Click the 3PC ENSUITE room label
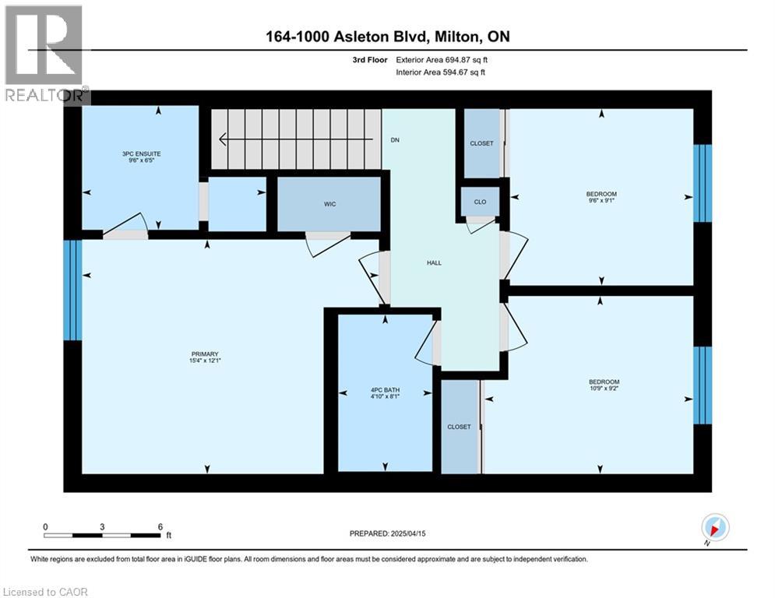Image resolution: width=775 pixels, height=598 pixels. coord(141,153)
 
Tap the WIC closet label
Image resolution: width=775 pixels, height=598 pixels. coord(329,204)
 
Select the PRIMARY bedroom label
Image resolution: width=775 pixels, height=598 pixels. coord(205,354)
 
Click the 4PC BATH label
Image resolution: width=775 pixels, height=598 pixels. coord(385,390)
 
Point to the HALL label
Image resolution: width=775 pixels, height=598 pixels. coord(434,263)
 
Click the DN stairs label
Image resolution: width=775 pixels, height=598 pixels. coord(395,140)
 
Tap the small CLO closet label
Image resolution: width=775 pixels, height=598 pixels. coord(480,202)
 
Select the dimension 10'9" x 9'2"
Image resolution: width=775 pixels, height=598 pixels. coord(604,389)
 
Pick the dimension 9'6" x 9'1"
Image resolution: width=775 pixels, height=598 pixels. coord(601,201)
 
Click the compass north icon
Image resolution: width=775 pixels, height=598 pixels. coord(715,527)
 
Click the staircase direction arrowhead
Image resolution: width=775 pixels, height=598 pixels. coord(223,139)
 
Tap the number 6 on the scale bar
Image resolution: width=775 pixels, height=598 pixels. coord(160,527)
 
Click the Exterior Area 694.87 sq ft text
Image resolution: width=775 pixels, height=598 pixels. coord(442,60)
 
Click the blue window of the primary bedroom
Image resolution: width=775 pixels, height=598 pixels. coord(72,290)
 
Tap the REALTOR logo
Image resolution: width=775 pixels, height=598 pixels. coord(45,54)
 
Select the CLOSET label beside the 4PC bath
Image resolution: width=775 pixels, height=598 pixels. coord(460,427)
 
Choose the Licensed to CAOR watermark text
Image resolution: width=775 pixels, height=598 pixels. coord(45,592)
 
